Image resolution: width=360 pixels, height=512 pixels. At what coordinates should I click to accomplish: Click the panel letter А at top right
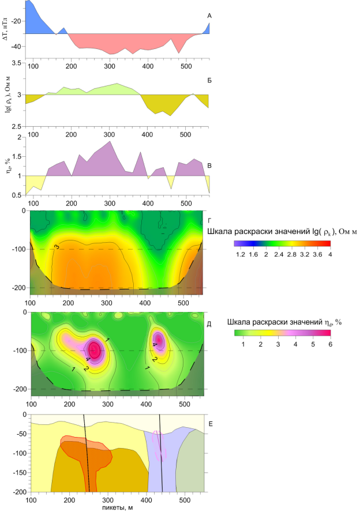click(209, 16)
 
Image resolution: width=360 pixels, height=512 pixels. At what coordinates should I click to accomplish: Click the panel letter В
click(209, 166)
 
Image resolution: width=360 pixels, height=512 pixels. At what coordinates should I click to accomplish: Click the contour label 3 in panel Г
click(57, 247)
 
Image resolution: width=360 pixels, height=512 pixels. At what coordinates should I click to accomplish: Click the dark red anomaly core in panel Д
click(95, 350)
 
